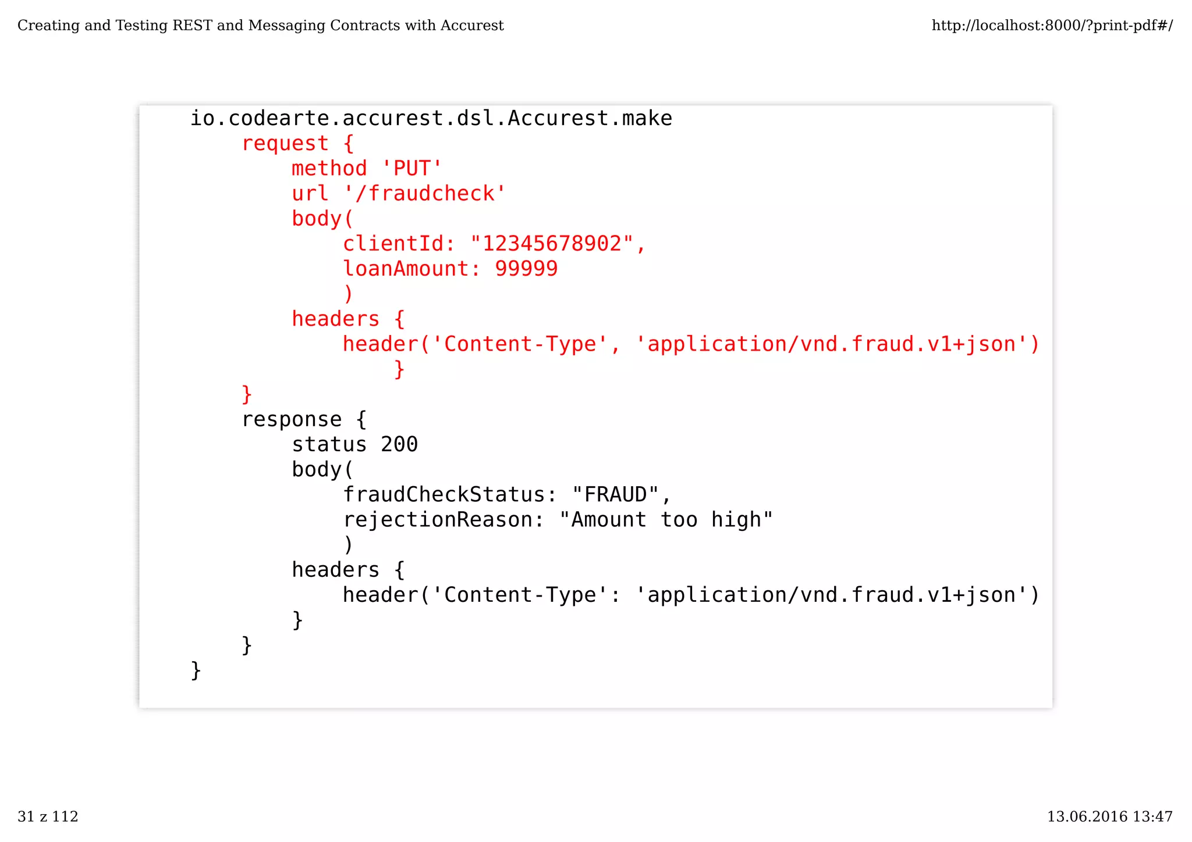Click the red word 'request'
[x=285, y=144]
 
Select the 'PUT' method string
[x=411, y=169]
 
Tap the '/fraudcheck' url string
[x=425, y=194]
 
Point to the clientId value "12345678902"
[x=551, y=244]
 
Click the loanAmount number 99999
[x=526, y=269]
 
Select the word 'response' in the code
[x=292, y=419]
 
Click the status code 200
[x=399, y=444]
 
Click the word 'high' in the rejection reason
[x=736, y=520]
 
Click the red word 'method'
[x=329, y=169]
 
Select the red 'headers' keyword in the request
[x=335, y=319]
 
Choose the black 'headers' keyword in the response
[x=335, y=570]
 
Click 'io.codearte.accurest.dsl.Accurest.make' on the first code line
[x=431, y=119]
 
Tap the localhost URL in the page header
[x=1052, y=26]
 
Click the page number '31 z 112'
[x=48, y=816]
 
